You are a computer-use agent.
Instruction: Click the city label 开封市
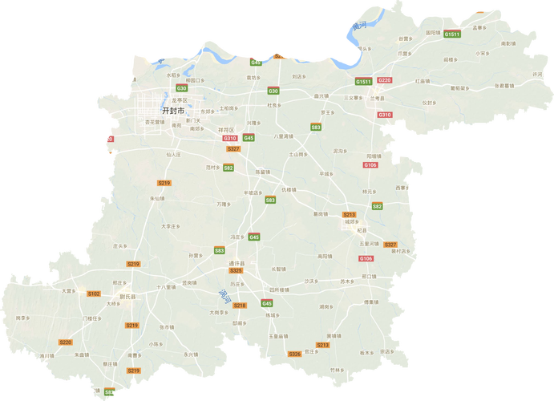(173, 110)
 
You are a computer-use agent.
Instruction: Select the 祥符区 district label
(225, 128)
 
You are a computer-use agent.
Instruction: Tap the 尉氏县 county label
(127, 296)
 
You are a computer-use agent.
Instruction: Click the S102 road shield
(94, 294)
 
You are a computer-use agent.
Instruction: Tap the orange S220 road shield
(66, 342)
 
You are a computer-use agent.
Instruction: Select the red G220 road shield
(385, 80)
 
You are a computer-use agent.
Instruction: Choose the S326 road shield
(294, 354)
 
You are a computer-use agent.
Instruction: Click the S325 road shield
(236, 271)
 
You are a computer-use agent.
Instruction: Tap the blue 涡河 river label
(224, 295)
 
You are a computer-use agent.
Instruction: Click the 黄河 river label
(356, 27)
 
